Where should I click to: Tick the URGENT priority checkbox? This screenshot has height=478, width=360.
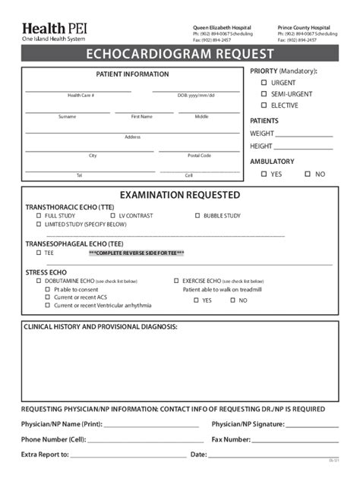coord(264,83)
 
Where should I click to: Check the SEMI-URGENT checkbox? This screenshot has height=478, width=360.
coord(264,94)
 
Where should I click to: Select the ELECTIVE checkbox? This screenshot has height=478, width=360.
coord(264,105)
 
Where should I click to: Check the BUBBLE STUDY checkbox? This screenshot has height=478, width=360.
coord(197,215)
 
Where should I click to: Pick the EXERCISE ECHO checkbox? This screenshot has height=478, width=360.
coord(176,280)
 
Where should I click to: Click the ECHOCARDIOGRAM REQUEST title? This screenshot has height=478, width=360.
coord(179,55)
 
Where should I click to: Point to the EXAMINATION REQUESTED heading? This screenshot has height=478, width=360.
coord(179,195)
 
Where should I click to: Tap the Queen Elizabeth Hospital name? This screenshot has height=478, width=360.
coord(222,27)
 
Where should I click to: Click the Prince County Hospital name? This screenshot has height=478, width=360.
coord(304,27)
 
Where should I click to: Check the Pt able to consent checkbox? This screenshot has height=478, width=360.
coord(48,289)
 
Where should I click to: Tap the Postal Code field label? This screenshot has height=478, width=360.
coord(199,156)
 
